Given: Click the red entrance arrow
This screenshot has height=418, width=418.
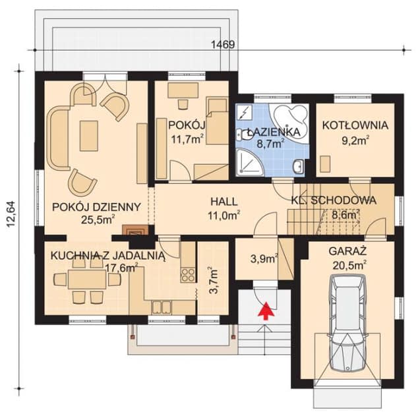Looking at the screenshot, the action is (x=266, y=311).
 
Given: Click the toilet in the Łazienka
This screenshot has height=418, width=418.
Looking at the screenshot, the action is (x=242, y=135).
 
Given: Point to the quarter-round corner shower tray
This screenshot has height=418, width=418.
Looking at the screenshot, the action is (x=249, y=163).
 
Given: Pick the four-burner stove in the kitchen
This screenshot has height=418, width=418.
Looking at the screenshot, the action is (x=188, y=275).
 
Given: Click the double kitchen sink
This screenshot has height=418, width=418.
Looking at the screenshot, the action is (x=161, y=307).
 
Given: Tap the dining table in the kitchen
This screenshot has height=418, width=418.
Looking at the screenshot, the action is (x=87, y=280).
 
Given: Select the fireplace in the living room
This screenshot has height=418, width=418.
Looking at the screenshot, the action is (x=135, y=230).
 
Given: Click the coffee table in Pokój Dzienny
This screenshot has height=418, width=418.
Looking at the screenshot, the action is (x=89, y=136).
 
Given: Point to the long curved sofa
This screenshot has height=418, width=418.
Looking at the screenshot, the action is (x=58, y=138).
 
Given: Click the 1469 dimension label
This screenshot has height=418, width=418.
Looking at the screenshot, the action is (x=223, y=45).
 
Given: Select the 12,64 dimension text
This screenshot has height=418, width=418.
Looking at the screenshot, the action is (x=11, y=214).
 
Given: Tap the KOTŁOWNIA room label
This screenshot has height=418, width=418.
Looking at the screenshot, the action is (x=355, y=125).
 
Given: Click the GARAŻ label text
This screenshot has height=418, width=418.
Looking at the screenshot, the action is (x=347, y=251).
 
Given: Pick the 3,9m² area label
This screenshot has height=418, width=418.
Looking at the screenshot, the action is (x=264, y=258).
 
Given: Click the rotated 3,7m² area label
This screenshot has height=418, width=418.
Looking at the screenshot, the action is (x=214, y=280).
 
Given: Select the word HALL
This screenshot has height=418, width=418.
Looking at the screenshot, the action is (x=224, y=202).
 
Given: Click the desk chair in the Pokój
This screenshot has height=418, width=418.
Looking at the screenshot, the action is (x=183, y=104).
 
